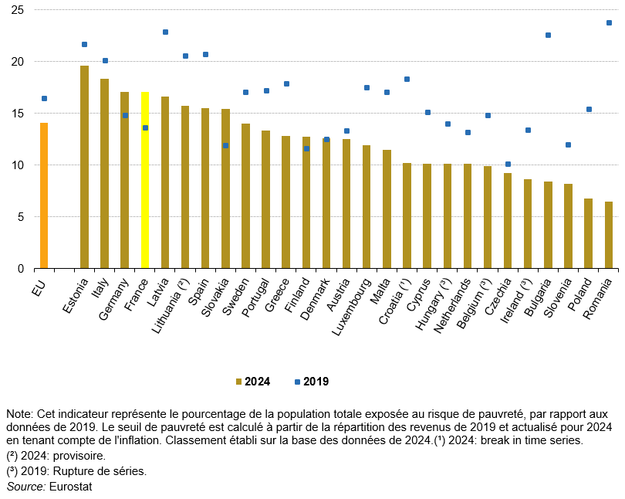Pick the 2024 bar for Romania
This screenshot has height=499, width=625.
[608, 235]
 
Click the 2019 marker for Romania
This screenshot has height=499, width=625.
[608, 22]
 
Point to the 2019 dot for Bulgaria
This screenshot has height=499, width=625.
[548, 35]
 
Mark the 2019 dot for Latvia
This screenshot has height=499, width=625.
[165, 32]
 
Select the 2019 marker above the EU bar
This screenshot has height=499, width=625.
[44, 98]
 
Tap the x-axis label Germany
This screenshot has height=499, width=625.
[114, 293]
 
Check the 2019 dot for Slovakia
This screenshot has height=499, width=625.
[225, 145]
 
